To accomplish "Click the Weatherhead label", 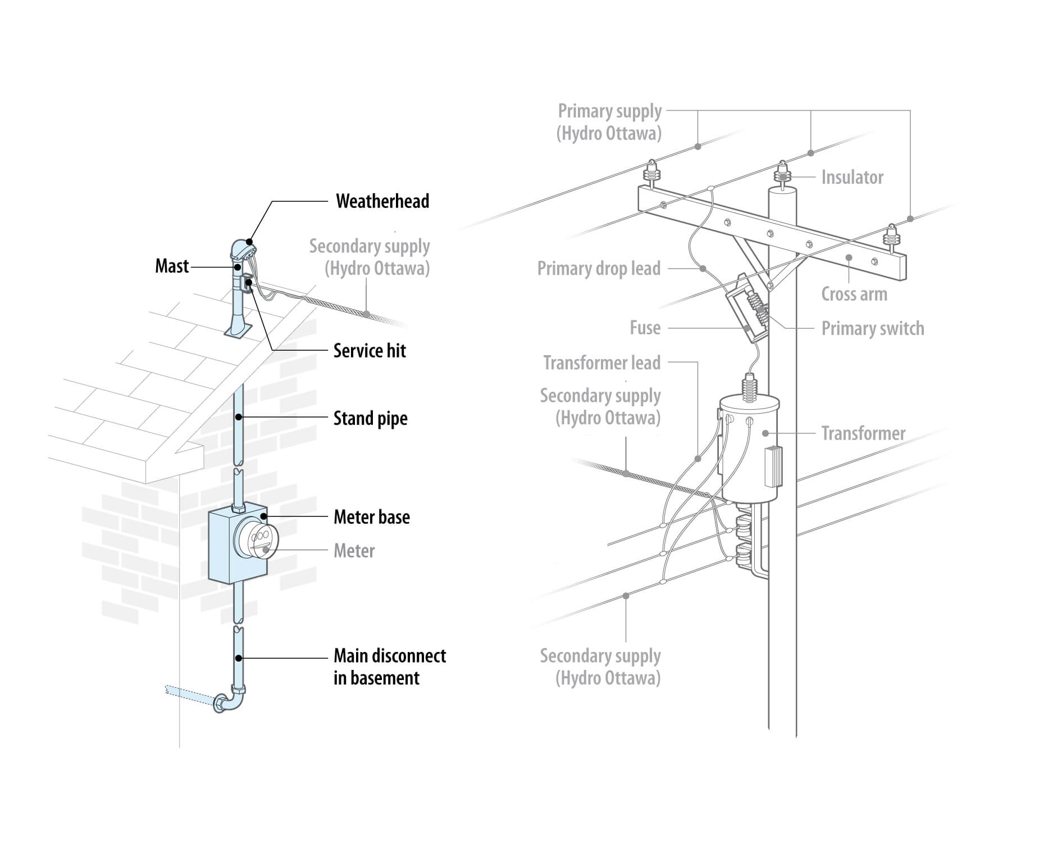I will (x=382, y=201).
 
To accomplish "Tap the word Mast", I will (x=171, y=266).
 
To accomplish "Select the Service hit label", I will (x=369, y=351).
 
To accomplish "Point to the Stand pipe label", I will (x=370, y=419).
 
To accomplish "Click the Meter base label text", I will (x=371, y=517).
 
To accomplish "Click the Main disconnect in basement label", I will (x=389, y=667).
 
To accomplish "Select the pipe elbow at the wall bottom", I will (x=228, y=702).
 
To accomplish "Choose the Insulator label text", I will (x=851, y=178).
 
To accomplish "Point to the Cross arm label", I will (x=854, y=294).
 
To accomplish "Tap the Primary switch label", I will (x=872, y=329).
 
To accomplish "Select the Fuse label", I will (x=645, y=328).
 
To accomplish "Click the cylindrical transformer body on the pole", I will (x=749, y=450).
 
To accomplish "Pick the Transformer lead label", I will (x=601, y=363).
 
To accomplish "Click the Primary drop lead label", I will (x=599, y=269).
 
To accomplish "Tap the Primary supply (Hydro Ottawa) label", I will (x=609, y=122).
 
